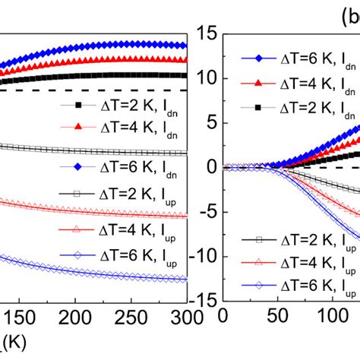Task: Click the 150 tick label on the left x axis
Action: coord(21,316)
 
